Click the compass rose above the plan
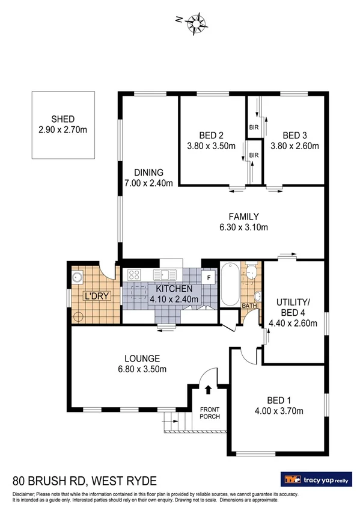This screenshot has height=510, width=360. [195, 22]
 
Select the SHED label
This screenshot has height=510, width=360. [63, 118]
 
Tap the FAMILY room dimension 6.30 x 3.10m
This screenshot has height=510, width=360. [243, 227]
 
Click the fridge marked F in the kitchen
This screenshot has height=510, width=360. [208, 277]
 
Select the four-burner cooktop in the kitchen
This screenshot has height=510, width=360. [134, 275]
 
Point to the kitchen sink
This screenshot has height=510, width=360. [164, 275]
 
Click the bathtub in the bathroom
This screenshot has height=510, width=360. [230, 284]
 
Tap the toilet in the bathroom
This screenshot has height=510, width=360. [251, 274]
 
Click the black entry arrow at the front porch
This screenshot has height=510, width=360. [209, 390]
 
